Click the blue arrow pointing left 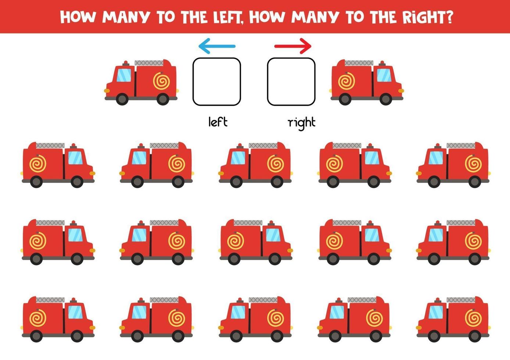click(217, 46)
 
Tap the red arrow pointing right click(293, 46)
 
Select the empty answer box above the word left click(217, 82)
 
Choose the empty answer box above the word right click(291, 82)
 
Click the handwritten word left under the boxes click(218, 122)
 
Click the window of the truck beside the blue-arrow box click(124, 75)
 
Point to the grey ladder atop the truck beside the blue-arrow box click(149, 63)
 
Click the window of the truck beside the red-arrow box click(384, 75)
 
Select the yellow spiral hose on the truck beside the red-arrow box click(346, 81)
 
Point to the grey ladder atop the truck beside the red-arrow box click(359, 63)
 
